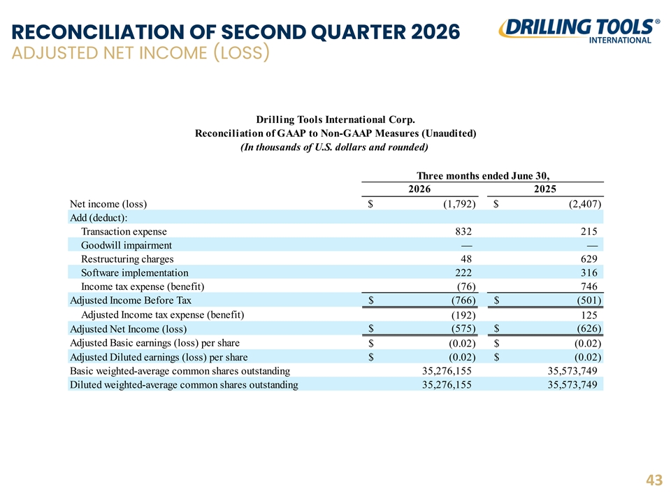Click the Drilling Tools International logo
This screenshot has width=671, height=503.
coord(579,31)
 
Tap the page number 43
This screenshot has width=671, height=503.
coord(654,481)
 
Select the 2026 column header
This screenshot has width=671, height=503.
coord(419,189)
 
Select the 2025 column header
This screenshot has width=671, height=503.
coord(544,189)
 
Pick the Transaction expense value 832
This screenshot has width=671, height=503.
coord(463,231)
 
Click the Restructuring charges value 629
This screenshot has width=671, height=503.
coord(589,258)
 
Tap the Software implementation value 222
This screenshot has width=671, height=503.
coord(463,272)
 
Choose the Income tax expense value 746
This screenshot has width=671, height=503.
coord(589,286)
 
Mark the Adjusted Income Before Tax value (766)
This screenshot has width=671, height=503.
coord(463,300)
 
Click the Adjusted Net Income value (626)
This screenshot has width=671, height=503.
coord(589,328)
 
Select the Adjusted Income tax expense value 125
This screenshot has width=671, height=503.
coord(589,315)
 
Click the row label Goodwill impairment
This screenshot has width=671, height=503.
coord(127,245)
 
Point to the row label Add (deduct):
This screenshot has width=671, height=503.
coord(99,218)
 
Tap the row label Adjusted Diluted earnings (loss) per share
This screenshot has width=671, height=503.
coord(159,357)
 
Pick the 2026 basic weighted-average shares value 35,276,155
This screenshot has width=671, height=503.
coord(447,371)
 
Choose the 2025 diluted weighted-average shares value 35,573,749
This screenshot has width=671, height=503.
coord(572,384)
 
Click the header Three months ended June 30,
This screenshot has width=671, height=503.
coord(483,176)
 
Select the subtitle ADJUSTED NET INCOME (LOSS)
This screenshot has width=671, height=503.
coord(140,53)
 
